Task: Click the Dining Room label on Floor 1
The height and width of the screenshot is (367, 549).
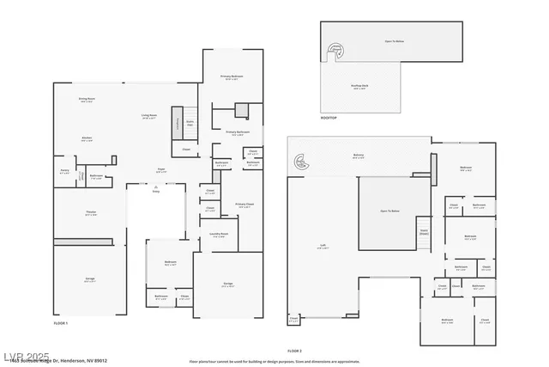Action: (x=87, y=100)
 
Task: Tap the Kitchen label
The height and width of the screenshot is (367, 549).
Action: (x=87, y=138)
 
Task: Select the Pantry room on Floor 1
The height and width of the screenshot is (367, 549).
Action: (x=64, y=172)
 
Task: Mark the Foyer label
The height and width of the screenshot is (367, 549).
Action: (x=160, y=169)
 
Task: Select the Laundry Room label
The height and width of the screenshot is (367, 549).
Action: (x=218, y=234)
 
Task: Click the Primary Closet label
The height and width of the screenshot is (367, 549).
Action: (x=244, y=205)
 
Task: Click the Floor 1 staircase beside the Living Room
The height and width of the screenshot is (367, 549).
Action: (x=178, y=123)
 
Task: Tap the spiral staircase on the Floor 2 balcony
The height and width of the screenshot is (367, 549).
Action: (x=301, y=162)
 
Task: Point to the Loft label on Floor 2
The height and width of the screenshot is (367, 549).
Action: (x=323, y=246)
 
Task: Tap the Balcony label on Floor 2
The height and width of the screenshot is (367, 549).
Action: (x=359, y=156)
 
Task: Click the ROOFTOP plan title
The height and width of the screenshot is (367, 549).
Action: (x=329, y=117)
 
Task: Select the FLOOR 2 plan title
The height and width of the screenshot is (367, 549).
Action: (x=295, y=352)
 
